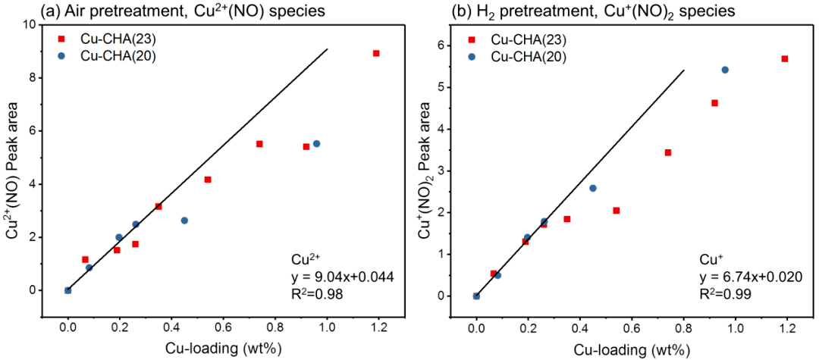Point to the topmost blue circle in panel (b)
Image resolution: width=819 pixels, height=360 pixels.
(x=725, y=70)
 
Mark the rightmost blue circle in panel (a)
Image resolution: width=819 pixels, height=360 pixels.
(x=316, y=143)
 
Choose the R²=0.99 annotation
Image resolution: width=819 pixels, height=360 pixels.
(x=729, y=294)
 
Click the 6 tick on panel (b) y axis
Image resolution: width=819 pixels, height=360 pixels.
(x=447, y=45)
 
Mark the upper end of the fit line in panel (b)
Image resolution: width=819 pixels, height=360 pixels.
(x=684, y=70)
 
